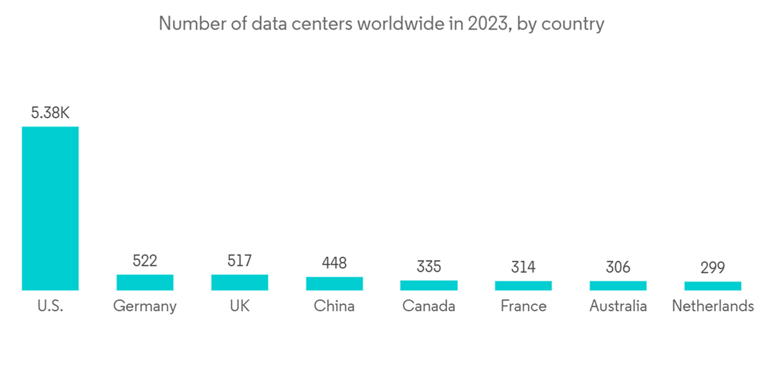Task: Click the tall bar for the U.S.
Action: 50,208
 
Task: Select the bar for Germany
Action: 145,282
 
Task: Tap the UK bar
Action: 239,282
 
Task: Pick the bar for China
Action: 334,283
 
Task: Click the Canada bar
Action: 428,286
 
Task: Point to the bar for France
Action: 523,286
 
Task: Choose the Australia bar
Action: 618,286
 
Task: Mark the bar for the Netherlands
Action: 713,286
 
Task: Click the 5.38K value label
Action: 50,113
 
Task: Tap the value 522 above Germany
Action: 145,261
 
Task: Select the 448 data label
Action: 334,264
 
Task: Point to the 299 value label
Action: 713,268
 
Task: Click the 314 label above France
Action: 523,268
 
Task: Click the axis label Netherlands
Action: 713,306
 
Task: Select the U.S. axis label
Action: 50,306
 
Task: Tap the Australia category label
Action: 618,306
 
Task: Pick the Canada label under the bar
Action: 428,306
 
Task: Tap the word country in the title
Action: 573,24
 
